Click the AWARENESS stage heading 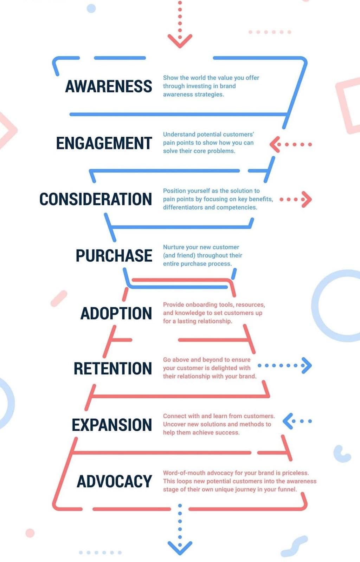pos(109,86)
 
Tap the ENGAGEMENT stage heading pos(104,143)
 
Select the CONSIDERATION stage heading pos(96,199)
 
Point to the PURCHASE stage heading pos(114,255)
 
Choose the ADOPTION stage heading pos(116,313)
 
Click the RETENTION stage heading pos(112,368)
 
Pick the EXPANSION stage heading pos(112,425)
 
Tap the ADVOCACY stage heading pos(114,481)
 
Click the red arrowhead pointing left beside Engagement pos(275,144)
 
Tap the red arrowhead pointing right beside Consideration pos(307,200)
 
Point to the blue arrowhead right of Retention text pos(307,365)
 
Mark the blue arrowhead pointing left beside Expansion pos(288,421)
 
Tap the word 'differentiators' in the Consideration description pos(183,207)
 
